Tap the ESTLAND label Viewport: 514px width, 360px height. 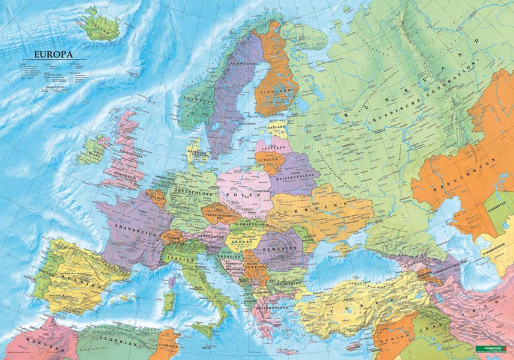[277, 127]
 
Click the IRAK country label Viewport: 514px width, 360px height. [425, 330]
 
